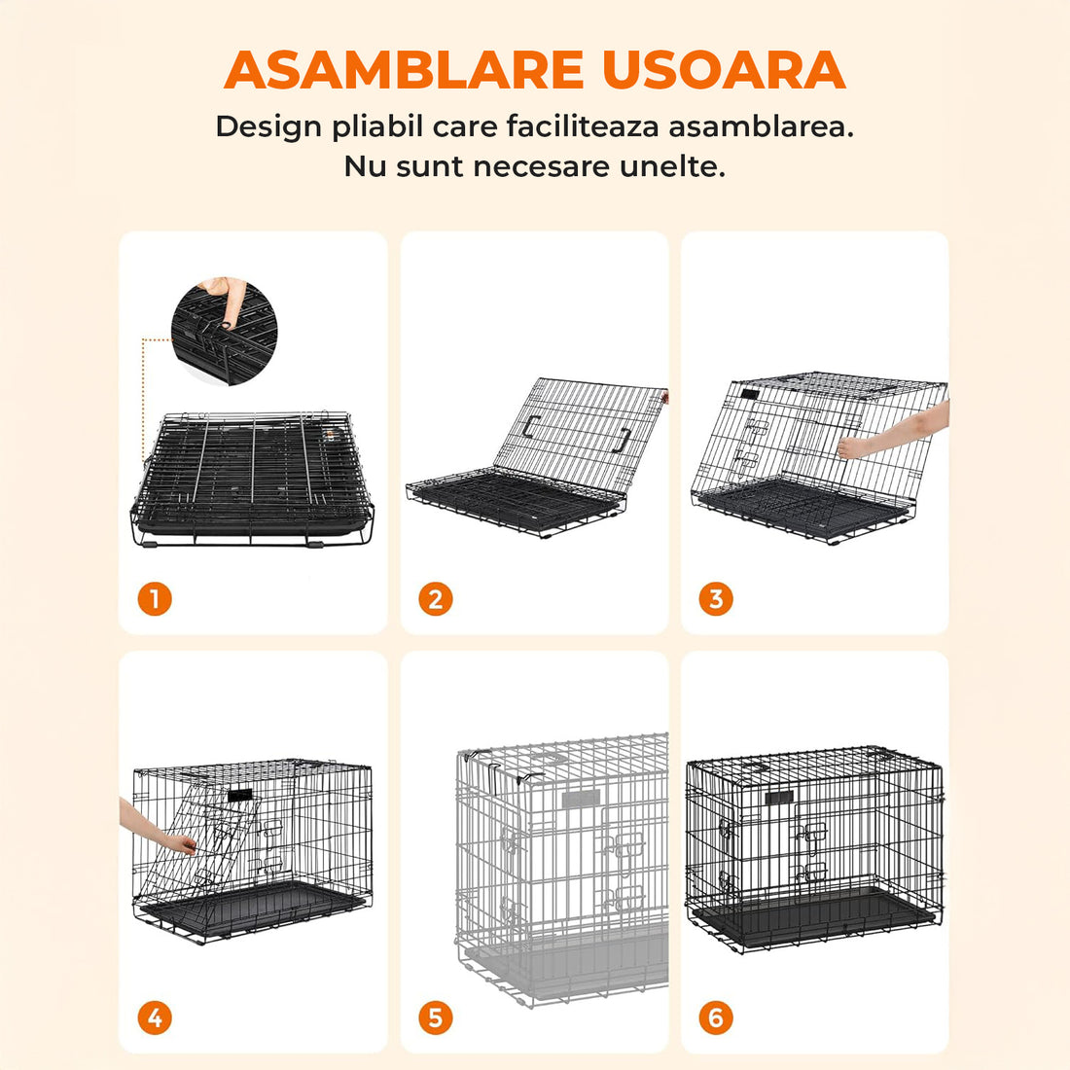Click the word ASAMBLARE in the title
404,70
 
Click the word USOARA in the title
723,70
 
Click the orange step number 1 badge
155,598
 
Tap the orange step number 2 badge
435,598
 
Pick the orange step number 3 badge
716,598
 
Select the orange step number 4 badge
155,1018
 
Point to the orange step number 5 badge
435,1018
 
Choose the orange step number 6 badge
716,1018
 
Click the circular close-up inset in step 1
224,331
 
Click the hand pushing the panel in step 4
156,832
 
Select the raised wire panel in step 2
579,428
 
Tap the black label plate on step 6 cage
779,798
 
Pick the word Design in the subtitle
268,127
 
